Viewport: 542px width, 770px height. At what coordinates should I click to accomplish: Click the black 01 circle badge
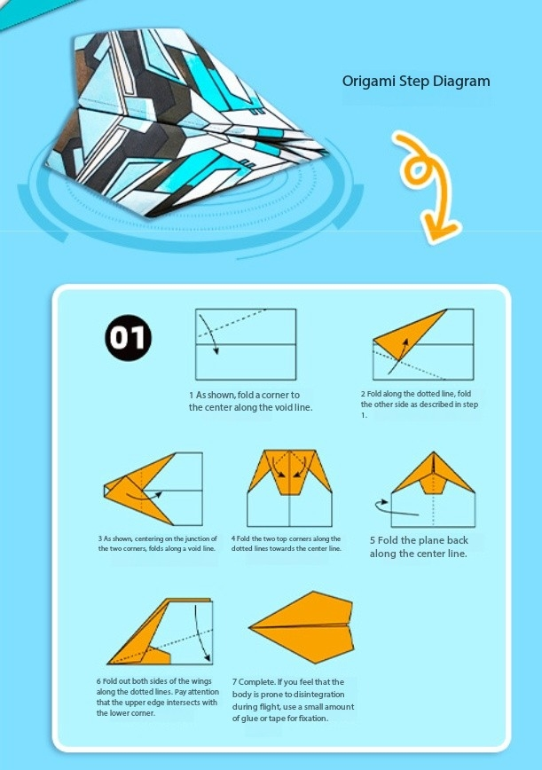[x=128, y=338]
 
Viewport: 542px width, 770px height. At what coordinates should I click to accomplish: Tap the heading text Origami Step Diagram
[x=416, y=81]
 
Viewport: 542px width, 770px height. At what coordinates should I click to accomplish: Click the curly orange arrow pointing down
[x=426, y=186]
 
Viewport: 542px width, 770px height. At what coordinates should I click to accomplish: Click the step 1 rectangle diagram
[x=246, y=344]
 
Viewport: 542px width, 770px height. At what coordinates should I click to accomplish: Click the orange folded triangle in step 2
[x=409, y=334]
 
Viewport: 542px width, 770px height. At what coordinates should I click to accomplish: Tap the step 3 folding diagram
[x=153, y=489]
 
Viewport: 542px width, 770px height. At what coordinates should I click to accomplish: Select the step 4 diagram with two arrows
[x=290, y=488]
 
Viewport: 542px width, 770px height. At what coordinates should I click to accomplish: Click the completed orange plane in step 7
[x=302, y=627]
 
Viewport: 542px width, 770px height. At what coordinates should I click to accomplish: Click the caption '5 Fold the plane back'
[x=419, y=540]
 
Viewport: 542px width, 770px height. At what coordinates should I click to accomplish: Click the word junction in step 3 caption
[x=191, y=538]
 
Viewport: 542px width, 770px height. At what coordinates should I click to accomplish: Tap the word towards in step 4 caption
[x=284, y=548]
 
